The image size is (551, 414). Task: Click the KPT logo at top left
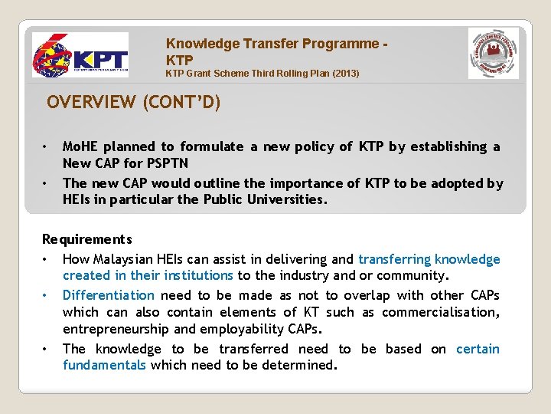click(80, 56)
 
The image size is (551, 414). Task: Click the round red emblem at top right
click(493, 54)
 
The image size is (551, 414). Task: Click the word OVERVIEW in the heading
click(90, 102)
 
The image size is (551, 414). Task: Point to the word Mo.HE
click(80, 146)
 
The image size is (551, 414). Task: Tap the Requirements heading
click(86, 240)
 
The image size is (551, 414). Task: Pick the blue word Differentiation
click(109, 295)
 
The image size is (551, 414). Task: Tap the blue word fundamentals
click(104, 366)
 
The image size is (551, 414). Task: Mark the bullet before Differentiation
click(47, 295)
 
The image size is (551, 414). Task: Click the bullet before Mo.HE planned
click(47, 146)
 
